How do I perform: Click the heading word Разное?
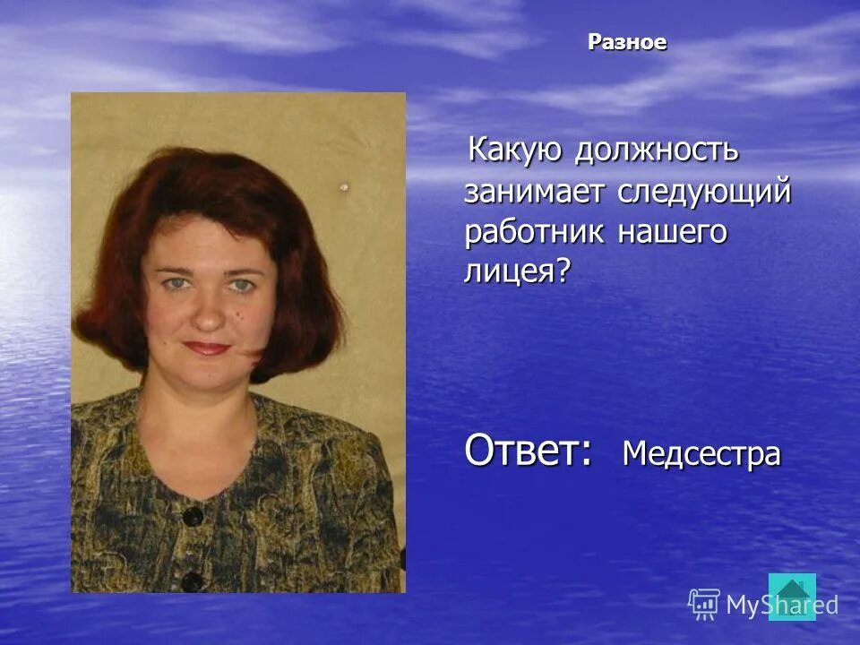[x=627, y=42]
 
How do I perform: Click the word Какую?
[x=515, y=150]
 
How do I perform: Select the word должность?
[x=657, y=150]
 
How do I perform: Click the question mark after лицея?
[x=563, y=271]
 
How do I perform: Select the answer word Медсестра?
[x=701, y=454]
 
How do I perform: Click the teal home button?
[x=793, y=596]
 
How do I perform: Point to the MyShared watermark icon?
[x=704, y=604]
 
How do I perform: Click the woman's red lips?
[x=209, y=348]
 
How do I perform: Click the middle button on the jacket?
[x=192, y=581]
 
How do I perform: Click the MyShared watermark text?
[x=781, y=606]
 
